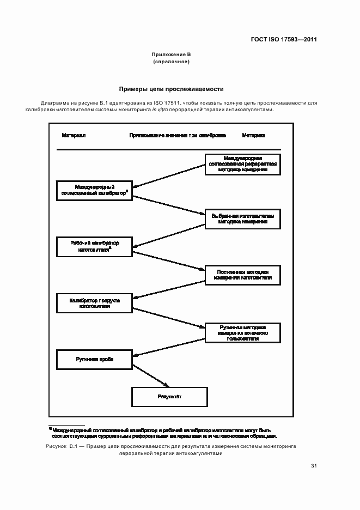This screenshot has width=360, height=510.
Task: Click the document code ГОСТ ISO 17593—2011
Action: pos(283,39)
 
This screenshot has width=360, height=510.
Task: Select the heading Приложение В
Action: pos(171,55)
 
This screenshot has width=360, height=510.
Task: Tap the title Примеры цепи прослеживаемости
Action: pos(171,89)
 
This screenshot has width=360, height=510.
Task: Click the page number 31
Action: pos(314,466)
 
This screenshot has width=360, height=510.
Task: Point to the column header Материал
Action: pos(74,135)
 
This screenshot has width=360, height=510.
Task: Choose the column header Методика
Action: pos(254,135)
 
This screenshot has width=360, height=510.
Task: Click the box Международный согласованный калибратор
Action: pos(95,190)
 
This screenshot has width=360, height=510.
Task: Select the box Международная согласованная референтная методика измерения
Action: pos(243,164)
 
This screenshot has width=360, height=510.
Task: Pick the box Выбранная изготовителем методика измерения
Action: pos(243,219)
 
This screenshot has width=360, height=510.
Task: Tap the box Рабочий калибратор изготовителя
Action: pos(95,246)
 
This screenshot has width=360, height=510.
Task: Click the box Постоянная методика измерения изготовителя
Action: pos(243,275)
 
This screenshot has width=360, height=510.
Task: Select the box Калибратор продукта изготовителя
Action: pos(95,303)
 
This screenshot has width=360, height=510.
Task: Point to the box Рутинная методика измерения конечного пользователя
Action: pos(243,332)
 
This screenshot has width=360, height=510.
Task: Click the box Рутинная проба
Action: pos(95,360)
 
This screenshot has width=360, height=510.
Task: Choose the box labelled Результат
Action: pos(169,397)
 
